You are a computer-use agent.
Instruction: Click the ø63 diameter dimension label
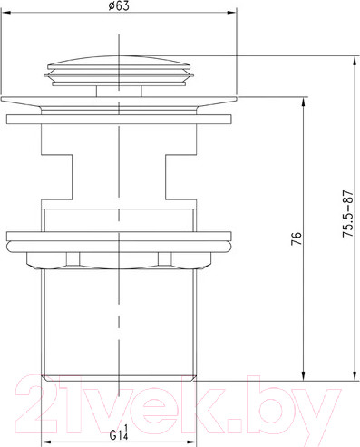(119, 6)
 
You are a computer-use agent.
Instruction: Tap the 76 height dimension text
(297, 238)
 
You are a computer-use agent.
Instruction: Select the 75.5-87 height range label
(347, 214)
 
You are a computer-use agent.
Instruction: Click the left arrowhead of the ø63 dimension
(6, 13)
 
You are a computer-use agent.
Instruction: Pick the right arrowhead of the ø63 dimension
(231, 13)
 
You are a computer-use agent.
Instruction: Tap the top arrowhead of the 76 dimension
(303, 102)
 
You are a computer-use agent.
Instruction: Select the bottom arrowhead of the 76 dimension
(303, 375)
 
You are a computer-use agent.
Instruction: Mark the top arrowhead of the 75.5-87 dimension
(355, 62)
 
